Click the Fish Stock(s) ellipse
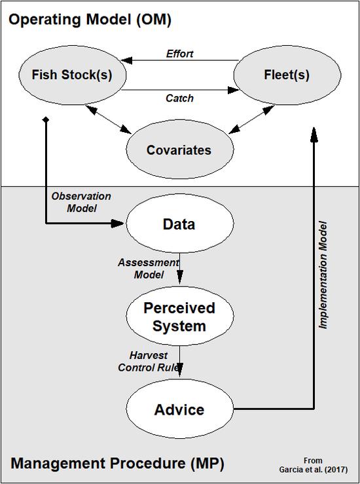[x=72, y=75]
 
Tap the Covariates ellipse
[x=179, y=150]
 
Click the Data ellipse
[x=179, y=224]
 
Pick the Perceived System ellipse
[x=179, y=317]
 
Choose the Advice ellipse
[x=179, y=410]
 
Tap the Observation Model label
[x=81, y=202]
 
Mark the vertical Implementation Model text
[x=323, y=275]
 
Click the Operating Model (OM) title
[x=90, y=20]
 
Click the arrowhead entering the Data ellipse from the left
[x=118, y=224]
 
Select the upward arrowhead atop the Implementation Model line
[x=314, y=134]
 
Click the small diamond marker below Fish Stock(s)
[x=46, y=120]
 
